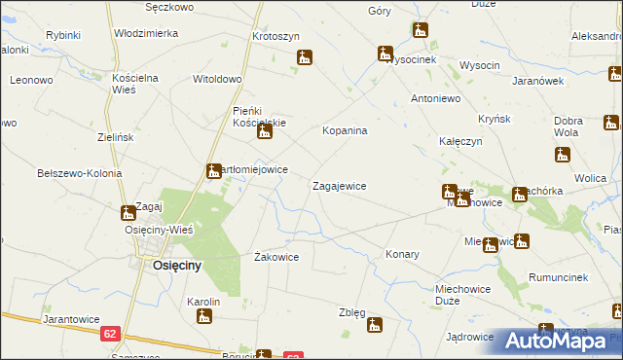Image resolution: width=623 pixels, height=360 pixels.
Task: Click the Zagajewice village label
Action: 339,185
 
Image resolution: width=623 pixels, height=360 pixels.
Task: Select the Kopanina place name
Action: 345,130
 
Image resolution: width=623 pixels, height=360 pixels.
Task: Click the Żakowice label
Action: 275,257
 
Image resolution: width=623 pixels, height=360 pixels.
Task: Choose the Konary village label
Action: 402,254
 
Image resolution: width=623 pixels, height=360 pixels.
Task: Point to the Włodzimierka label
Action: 146,33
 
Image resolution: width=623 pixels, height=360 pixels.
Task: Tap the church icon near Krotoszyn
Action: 305,57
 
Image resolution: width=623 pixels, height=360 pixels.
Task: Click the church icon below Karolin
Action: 203,316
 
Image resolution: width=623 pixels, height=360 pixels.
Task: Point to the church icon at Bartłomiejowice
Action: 213,172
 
